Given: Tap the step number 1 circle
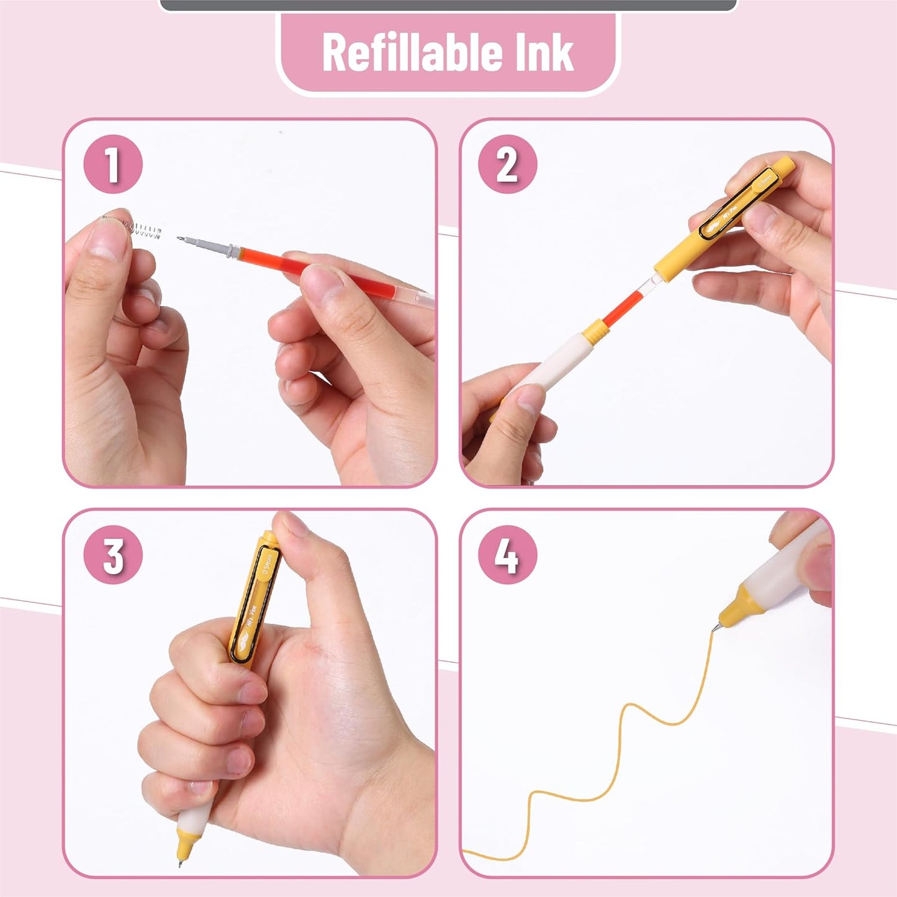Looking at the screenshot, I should [113, 164].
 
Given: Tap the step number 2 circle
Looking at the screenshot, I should [507, 164].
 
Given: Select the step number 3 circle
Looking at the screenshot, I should [113, 554].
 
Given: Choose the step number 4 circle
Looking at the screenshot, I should [507, 554].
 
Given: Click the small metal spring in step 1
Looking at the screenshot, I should [144, 230].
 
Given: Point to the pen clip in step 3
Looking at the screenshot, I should [255, 602].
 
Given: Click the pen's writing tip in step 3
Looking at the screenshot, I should [181, 862].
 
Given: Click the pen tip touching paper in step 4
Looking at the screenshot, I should [715, 629].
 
